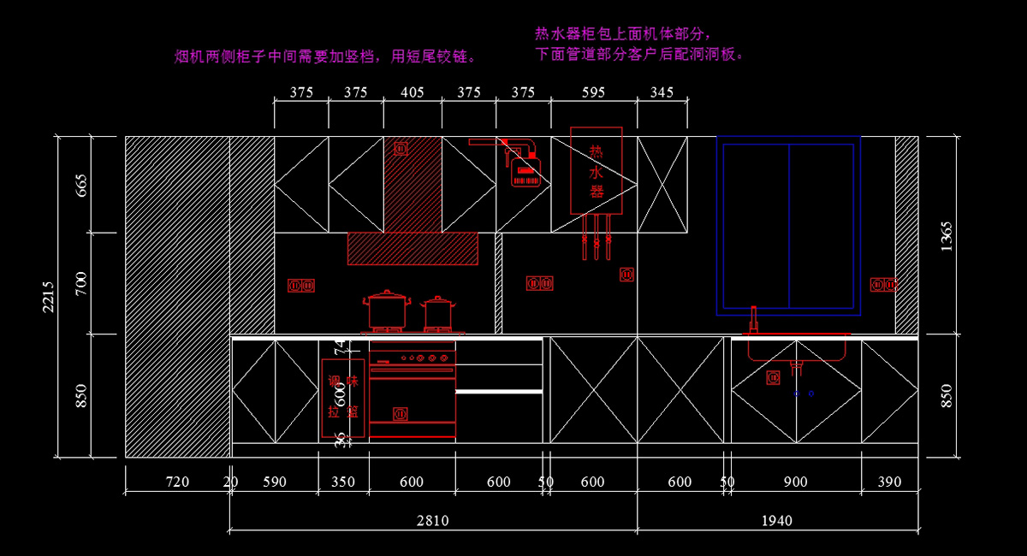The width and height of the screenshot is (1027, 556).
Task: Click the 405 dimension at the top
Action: click(x=412, y=92)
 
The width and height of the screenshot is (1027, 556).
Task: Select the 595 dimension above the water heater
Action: click(x=593, y=92)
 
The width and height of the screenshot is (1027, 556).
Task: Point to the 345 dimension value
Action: click(x=662, y=92)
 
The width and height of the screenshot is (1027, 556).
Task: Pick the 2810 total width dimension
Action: click(x=433, y=520)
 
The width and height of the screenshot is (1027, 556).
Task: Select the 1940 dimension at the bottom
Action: click(x=777, y=520)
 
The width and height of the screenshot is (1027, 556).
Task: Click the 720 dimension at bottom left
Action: click(x=177, y=482)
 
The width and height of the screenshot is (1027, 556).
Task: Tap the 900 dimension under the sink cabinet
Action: click(x=795, y=482)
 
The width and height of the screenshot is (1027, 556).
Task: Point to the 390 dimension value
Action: click(x=889, y=482)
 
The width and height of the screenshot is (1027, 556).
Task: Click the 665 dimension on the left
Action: click(x=82, y=185)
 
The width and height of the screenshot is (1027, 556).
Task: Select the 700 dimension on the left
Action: click(x=82, y=283)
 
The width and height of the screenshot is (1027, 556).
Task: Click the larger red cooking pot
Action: click(x=386, y=311)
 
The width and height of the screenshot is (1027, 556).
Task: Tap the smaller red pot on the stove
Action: click(x=438, y=314)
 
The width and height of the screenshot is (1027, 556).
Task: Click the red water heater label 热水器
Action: click(x=597, y=171)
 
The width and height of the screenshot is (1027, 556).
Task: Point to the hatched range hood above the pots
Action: click(x=413, y=248)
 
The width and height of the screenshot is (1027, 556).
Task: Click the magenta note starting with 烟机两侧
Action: click(x=325, y=57)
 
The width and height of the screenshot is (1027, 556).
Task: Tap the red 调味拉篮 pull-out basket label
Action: click(x=343, y=398)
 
